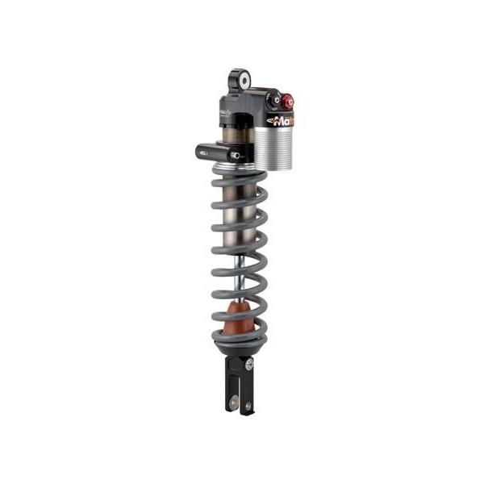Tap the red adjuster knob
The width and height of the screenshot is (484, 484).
coord(288,102)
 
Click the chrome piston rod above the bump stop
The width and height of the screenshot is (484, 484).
coord(240,270)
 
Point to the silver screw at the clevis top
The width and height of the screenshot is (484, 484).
coord(248,365)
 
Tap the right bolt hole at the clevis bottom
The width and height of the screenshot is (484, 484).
coord(248,404)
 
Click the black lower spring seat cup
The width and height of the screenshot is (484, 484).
coord(240,349)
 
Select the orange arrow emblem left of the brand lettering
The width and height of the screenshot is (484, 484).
coord(272,122)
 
